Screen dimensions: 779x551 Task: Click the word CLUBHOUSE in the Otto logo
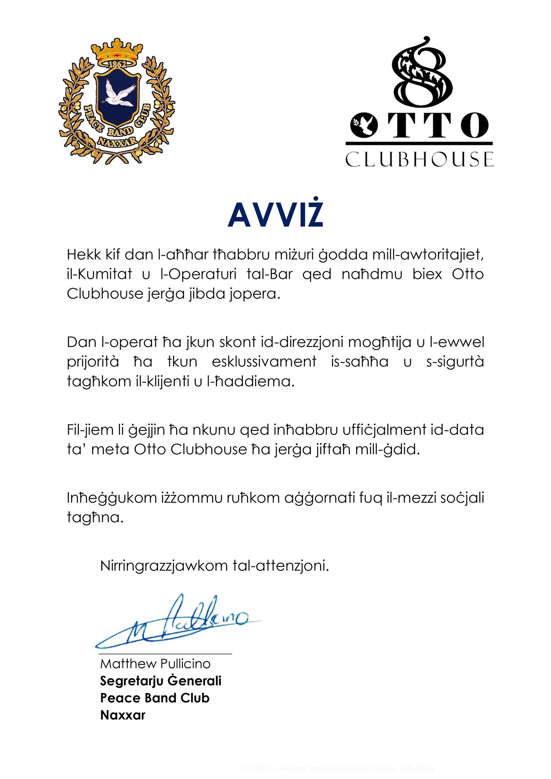pyautogui.click(x=419, y=159)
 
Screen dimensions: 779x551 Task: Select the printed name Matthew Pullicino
pyautogui.click(x=155, y=664)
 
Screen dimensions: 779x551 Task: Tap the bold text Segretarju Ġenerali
pyautogui.click(x=161, y=681)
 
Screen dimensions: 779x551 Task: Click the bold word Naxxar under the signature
pyautogui.click(x=123, y=715)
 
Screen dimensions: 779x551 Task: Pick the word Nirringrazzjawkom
pyautogui.click(x=164, y=566)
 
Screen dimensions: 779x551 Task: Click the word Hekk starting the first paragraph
pyautogui.click(x=81, y=254)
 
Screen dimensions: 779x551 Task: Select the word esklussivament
pyautogui.click(x=264, y=361)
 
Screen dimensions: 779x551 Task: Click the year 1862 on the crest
pyautogui.click(x=116, y=64)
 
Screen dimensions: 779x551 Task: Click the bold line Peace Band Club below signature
pyautogui.click(x=155, y=698)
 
